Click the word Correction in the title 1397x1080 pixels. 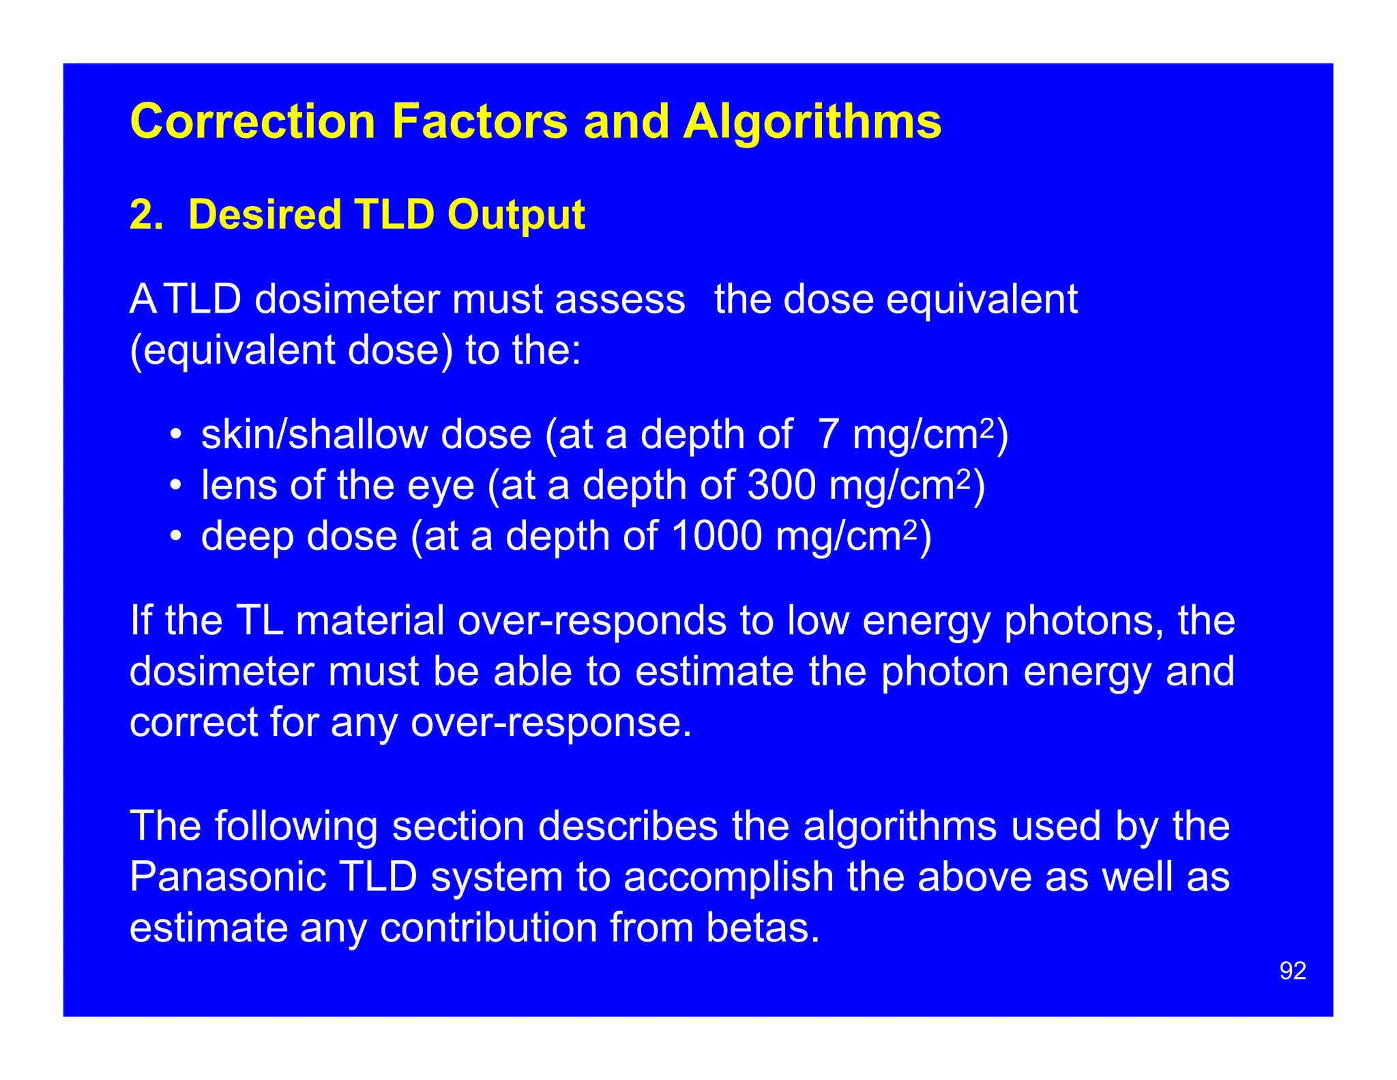[253, 122]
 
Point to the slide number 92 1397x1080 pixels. [1293, 971]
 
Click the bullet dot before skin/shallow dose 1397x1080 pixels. [176, 436]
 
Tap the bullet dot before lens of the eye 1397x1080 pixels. [176, 486]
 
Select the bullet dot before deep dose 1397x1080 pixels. [176, 537]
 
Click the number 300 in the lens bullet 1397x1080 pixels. [782, 485]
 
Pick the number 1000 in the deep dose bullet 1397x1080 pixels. [716, 536]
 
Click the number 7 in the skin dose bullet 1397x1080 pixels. [827, 435]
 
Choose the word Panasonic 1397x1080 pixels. [227, 877]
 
